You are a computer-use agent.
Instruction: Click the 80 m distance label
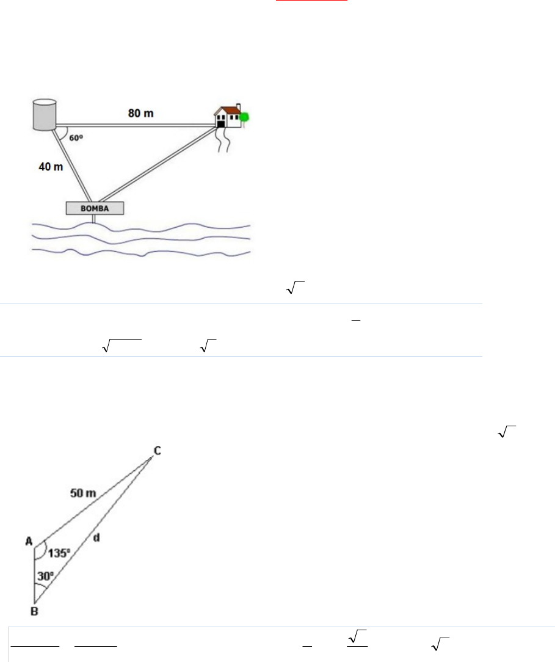point(140,113)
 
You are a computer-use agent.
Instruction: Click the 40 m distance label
point(51,167)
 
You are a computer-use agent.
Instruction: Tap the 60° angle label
point(76,137)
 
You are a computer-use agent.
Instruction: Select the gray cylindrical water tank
point(45,114)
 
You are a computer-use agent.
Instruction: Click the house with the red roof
point(228,116)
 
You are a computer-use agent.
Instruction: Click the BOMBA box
point(95,208)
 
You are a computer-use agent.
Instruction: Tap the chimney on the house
point(239,107)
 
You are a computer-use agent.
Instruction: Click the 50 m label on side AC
point(83,493)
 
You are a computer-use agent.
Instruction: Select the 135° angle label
point(59,553)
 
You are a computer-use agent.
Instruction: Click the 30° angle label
point(46,576)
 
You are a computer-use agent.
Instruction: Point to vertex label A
point(29,541)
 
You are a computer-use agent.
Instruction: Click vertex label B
point(35,611)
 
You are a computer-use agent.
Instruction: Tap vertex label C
point(158,451)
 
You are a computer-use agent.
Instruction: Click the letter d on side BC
point(96,537)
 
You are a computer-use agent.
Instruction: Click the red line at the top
point(311,1)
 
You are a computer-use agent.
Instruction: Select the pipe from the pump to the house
point(159,163)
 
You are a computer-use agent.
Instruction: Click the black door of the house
point(221,124)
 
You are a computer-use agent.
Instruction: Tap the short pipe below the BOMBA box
point(94,219)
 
